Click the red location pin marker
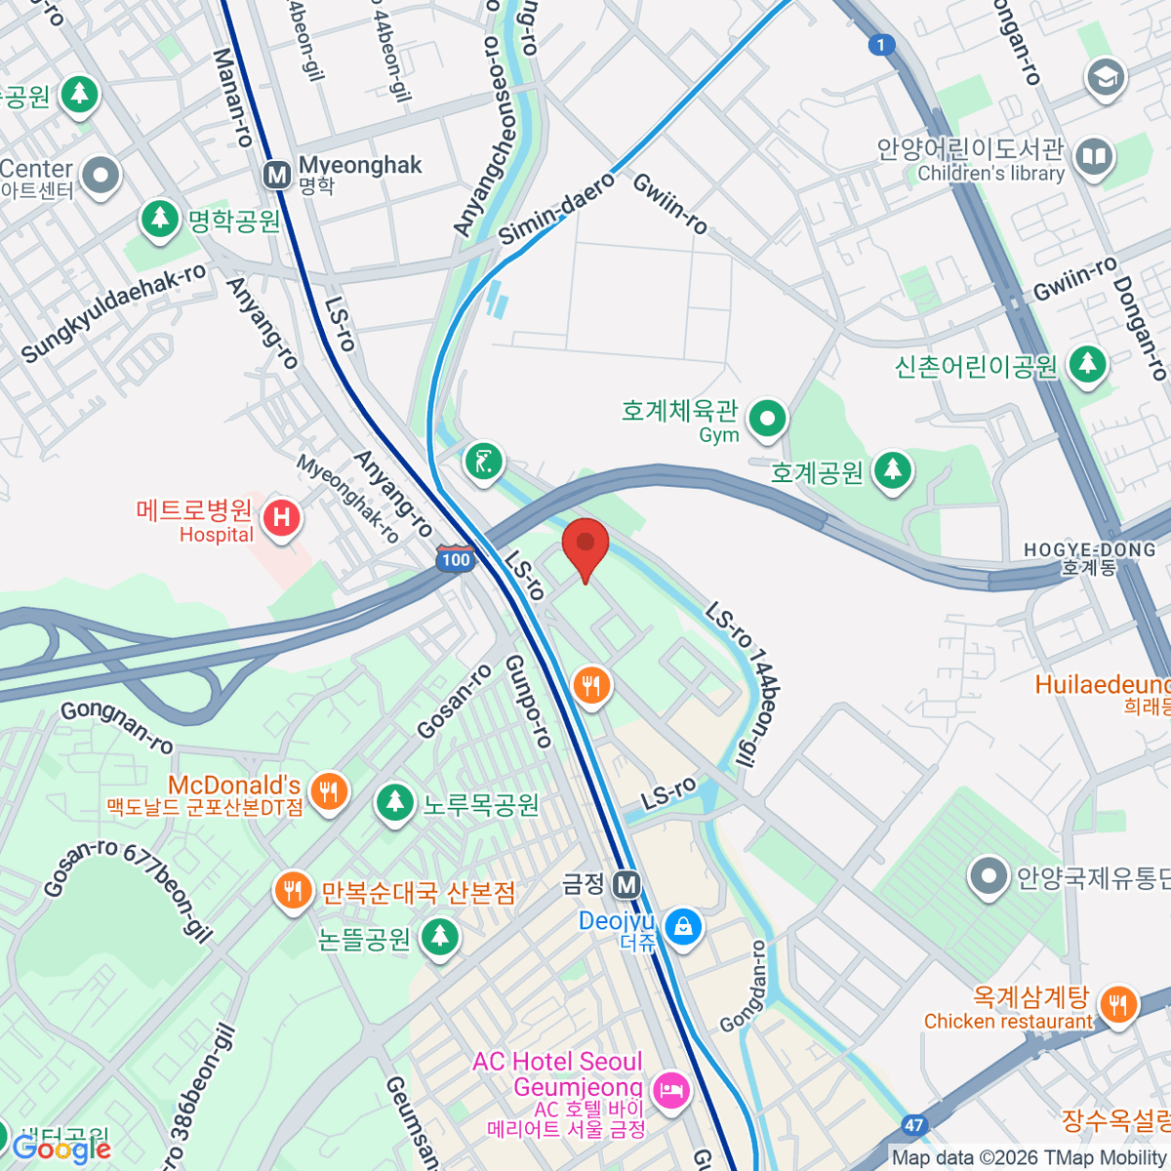coord(585,546)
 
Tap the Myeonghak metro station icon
coord(278,176)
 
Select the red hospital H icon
coord(282,516)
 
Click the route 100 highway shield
coord(455,559)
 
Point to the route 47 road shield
coord(913,1125)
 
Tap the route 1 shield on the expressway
coord(881,45)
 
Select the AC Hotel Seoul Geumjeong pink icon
coord(670,1088)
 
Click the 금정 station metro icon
coord(626,885)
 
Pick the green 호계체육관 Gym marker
coord(767,419)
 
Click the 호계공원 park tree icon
coord(892,470)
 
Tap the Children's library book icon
coord(1095,156)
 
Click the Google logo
coord(61,1150)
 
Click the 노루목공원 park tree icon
coord(394,802)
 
